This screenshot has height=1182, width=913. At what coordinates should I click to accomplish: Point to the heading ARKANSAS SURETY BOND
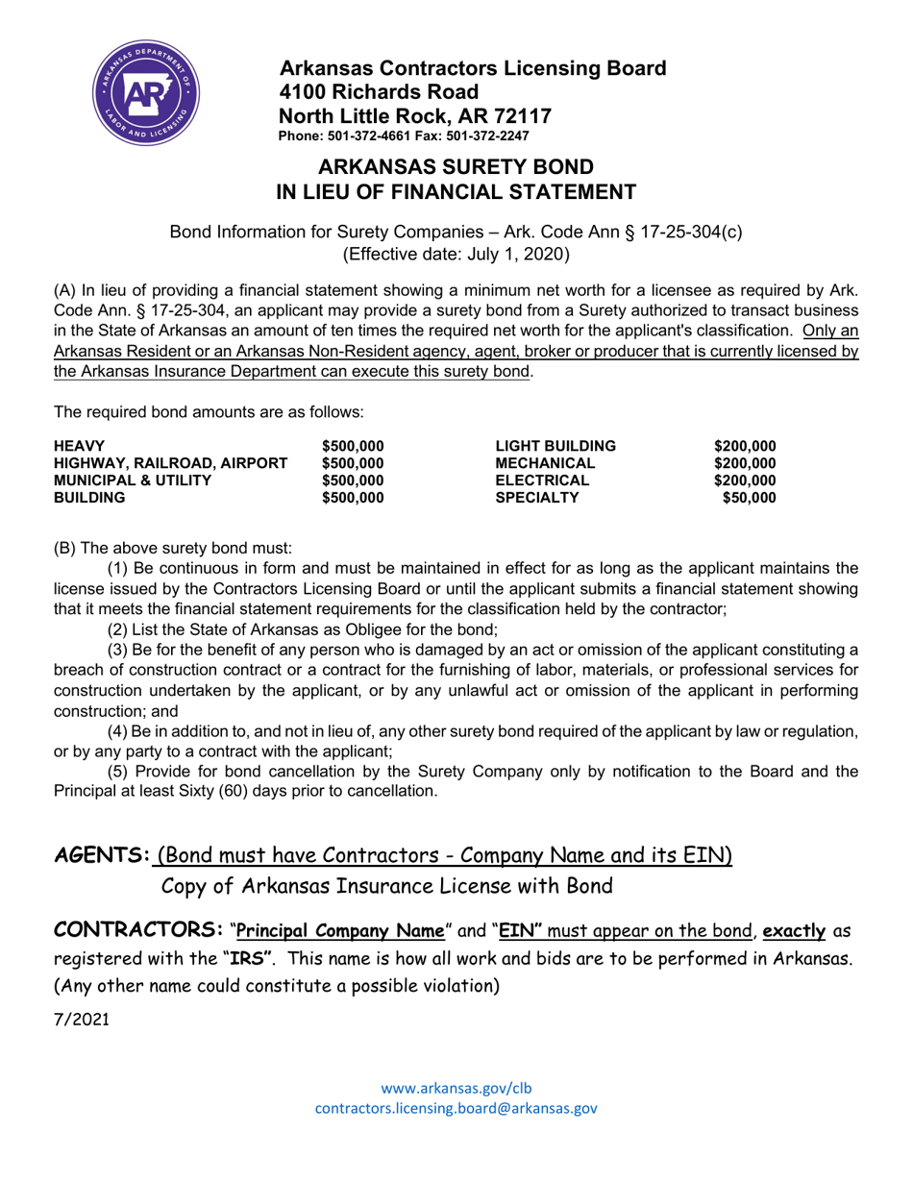(x=456, y=166)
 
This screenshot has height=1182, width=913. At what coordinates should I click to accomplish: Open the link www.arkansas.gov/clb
(x=456, y=1088)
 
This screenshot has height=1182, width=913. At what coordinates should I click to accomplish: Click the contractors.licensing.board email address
(x=456, y=1108)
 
